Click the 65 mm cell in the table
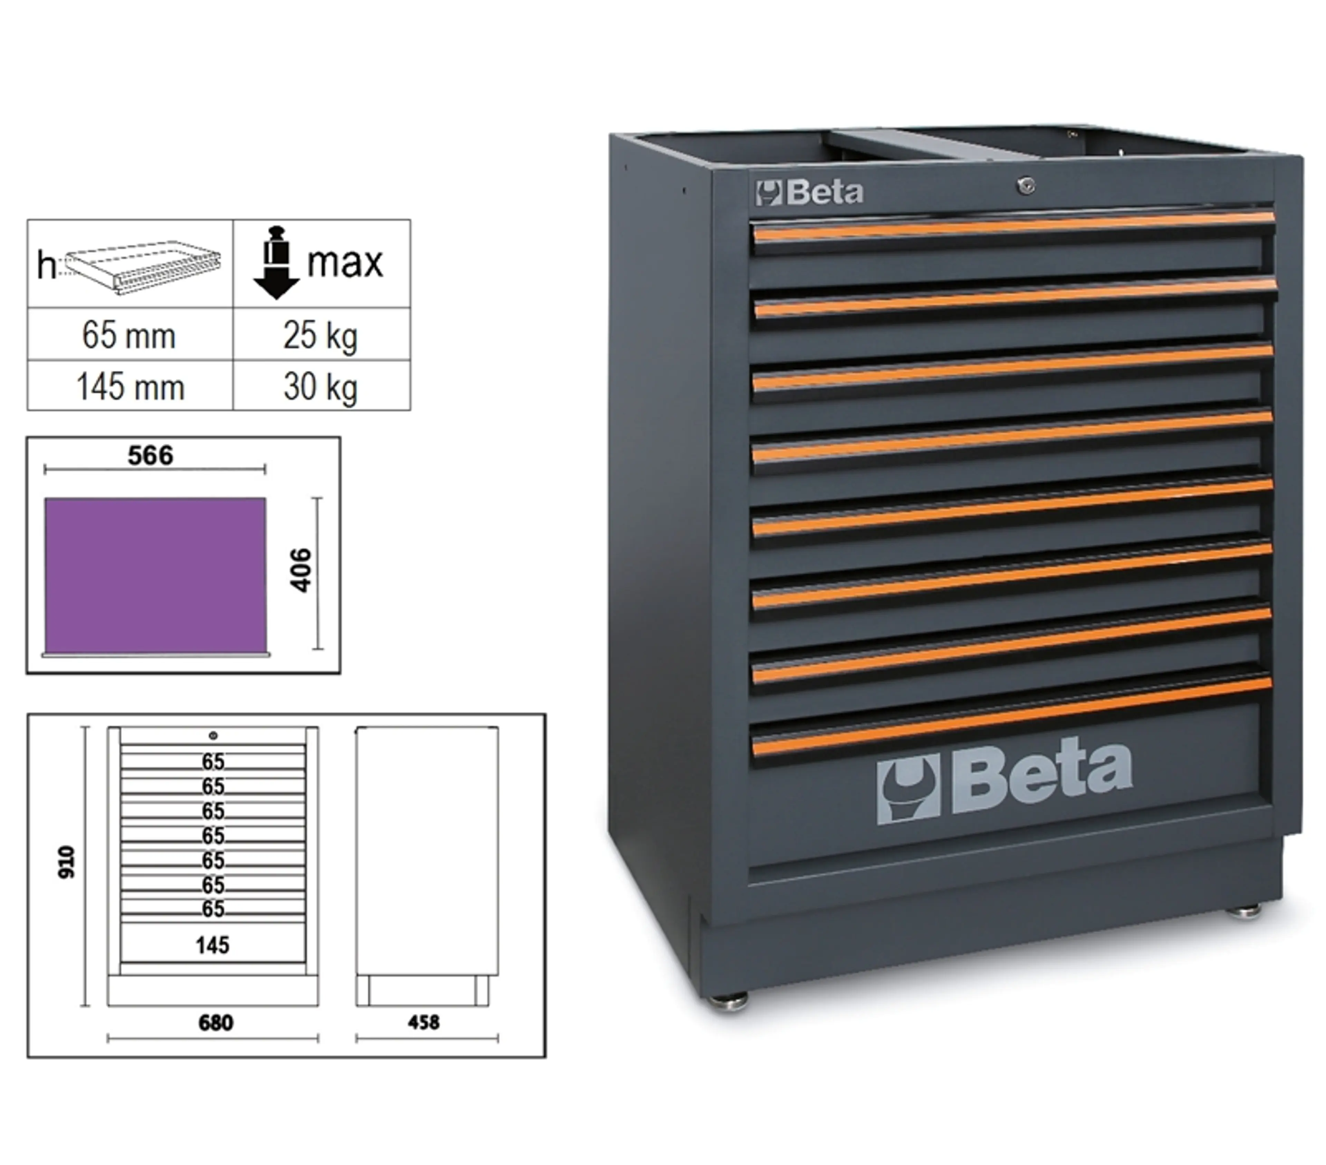coord(130,335)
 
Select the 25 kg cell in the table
coord(321,335)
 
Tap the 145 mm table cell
coord(130,386)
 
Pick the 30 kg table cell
coord(321,386)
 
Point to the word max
coord(345,263)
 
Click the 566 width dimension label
coord(151,455)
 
